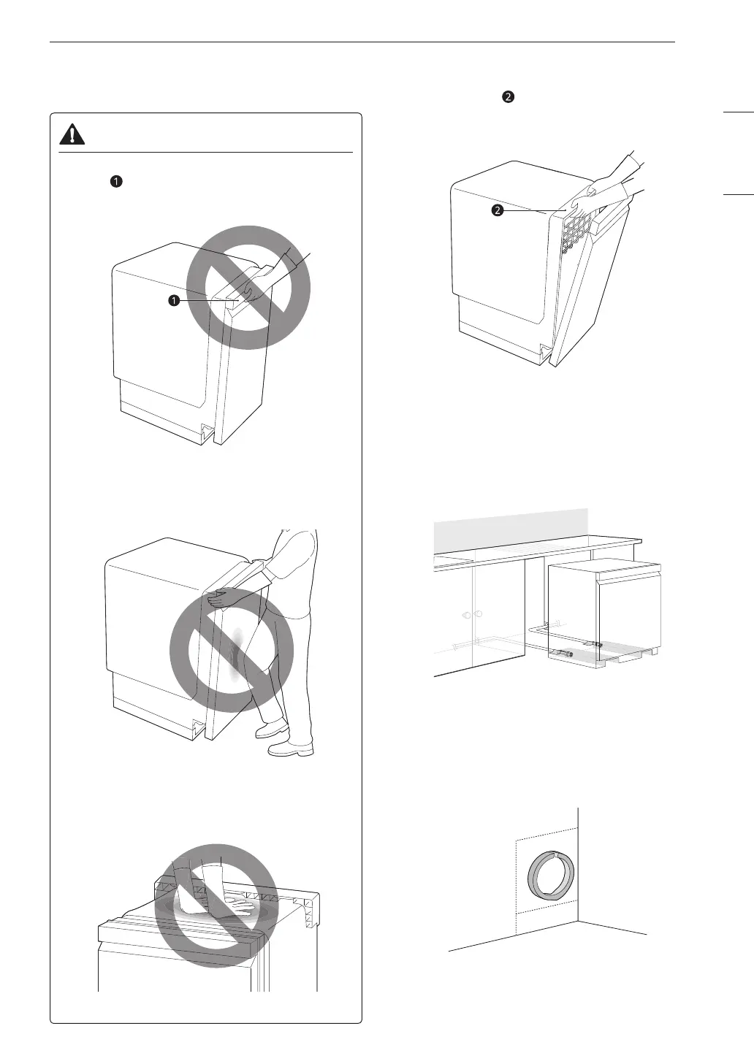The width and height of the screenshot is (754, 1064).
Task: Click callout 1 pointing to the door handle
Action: coord(175,301)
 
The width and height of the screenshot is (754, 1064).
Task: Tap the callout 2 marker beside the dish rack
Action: coord(498,210)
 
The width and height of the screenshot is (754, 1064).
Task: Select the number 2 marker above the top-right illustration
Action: coord(509,97)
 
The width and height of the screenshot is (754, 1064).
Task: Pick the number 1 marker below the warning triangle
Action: coord(116,181)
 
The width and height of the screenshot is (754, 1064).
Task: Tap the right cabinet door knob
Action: coord(478,615)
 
